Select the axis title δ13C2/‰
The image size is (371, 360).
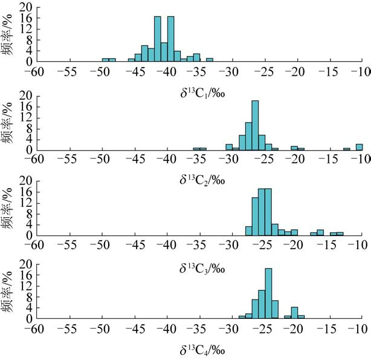point(196,179)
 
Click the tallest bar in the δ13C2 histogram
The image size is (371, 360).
point(255,125)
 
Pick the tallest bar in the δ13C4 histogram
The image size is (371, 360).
point(268,293)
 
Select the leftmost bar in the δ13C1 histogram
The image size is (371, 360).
point(105,60)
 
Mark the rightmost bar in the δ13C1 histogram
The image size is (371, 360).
point(210,60)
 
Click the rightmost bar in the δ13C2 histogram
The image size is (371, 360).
point(359,147)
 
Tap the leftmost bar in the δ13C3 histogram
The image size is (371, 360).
point(248,231)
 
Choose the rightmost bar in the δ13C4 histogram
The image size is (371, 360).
point(301,316)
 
